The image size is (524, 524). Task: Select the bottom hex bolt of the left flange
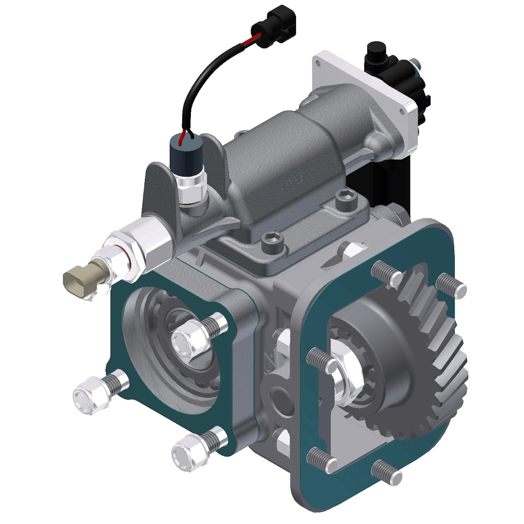coord(187,452)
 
